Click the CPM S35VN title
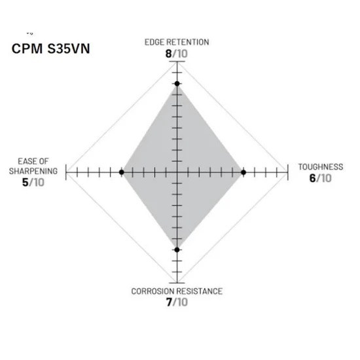click(51, 48)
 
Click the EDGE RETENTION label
click(177, 43)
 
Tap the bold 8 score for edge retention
click(168, 54)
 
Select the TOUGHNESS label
click(321, 167)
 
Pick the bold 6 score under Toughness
click(312, 178)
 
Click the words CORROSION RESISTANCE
click(177, 291)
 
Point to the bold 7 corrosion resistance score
click(169, 302)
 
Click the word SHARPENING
click(33, 171)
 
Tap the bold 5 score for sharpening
click(25, 183)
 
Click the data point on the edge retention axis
click(177, 84)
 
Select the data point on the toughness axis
click(243, 172)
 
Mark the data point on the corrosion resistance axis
click(177, 249)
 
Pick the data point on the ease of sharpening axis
click(122, 172)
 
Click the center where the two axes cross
click(177, 172)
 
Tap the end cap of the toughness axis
click(288, 172)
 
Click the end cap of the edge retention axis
click(177, 62)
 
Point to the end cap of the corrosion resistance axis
click(177, 283)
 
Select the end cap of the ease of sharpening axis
click(66, 172)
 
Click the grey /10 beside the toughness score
click(324, 178)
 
